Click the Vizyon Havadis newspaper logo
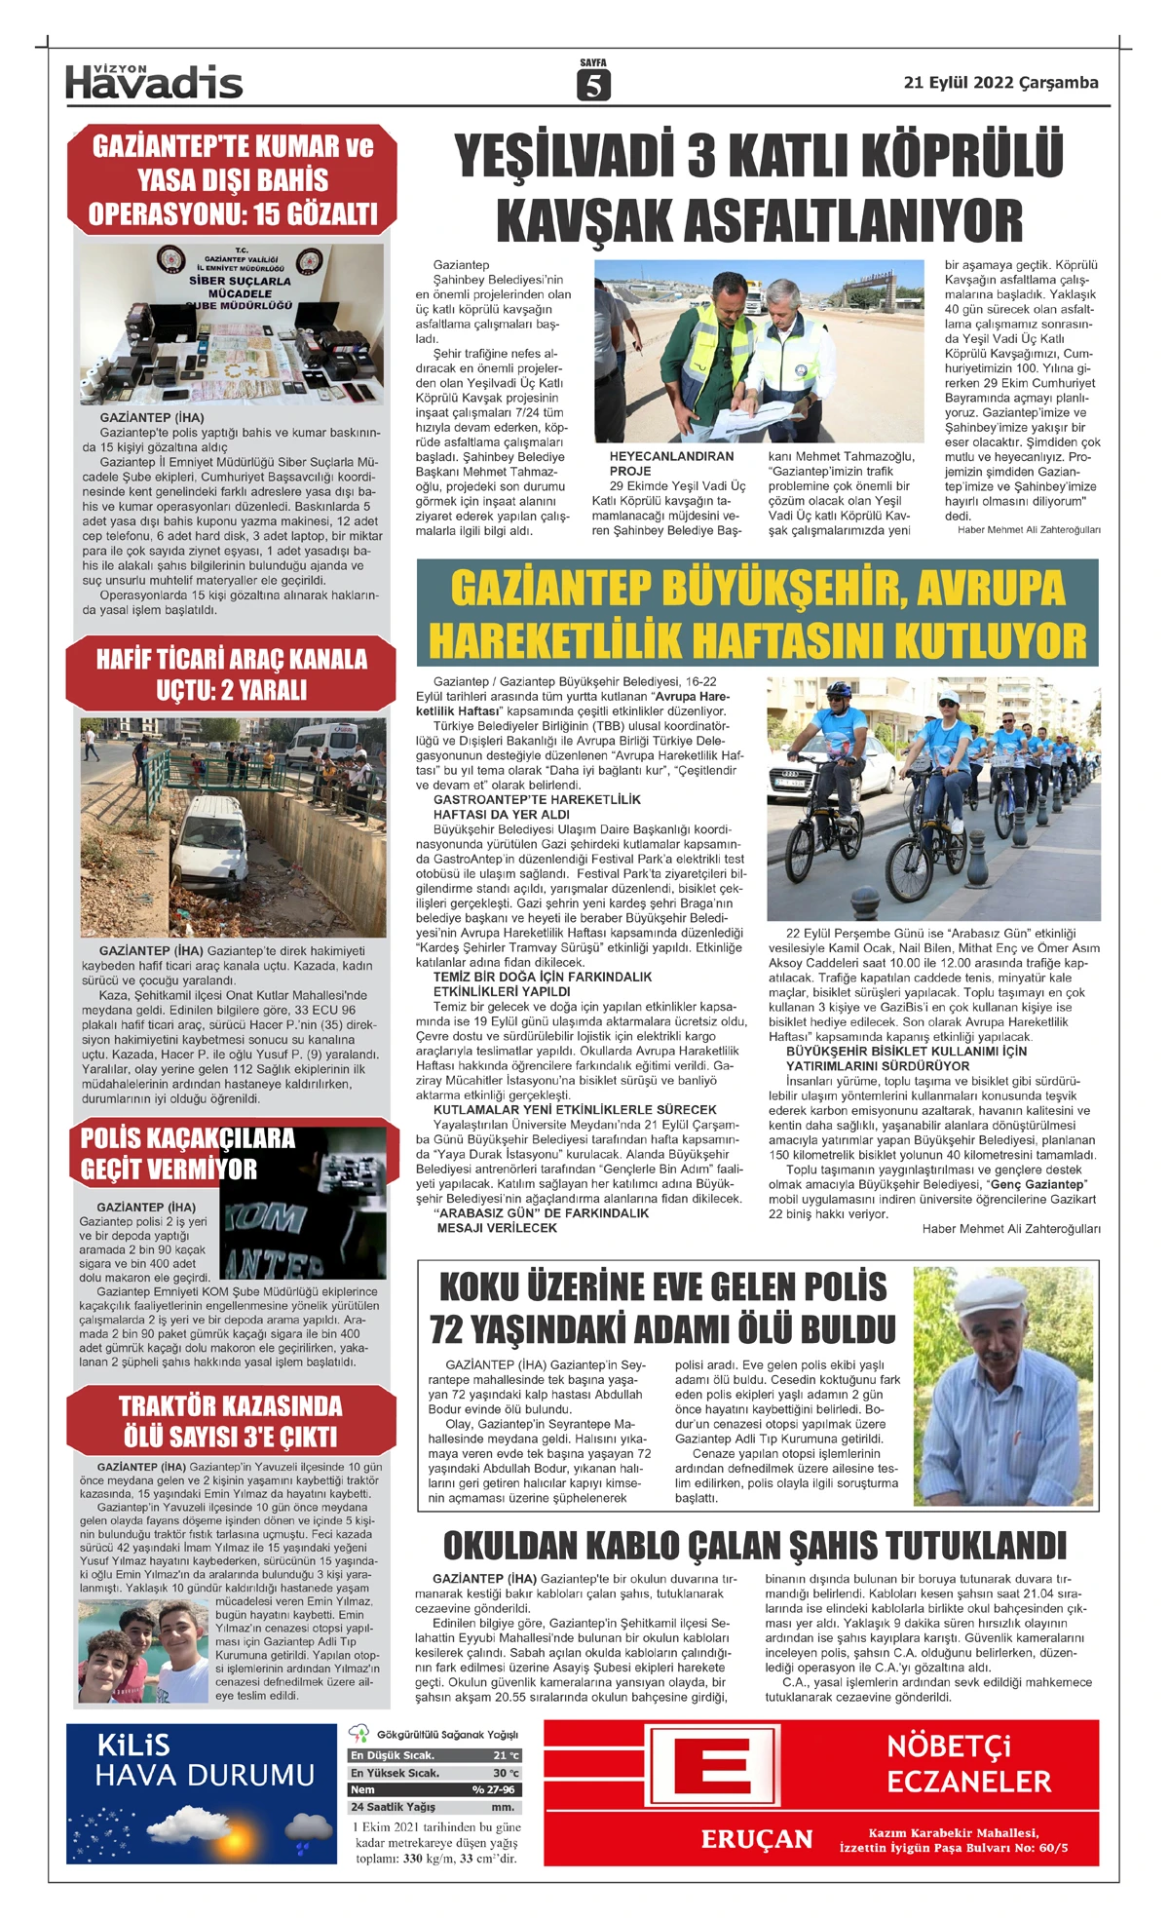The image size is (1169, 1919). (x=154, y=82)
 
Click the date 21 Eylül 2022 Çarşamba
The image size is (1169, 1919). (x=1000, y=83)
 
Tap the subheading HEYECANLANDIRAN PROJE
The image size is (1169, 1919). (x=671, y=463)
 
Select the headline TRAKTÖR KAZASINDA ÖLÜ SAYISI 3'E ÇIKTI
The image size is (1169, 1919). (x=231, y=1421)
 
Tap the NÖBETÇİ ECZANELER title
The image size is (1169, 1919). (x=968, y=1763)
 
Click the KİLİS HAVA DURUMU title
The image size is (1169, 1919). (x=205, y=1760)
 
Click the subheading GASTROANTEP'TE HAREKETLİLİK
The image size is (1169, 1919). (x=537, y=799)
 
